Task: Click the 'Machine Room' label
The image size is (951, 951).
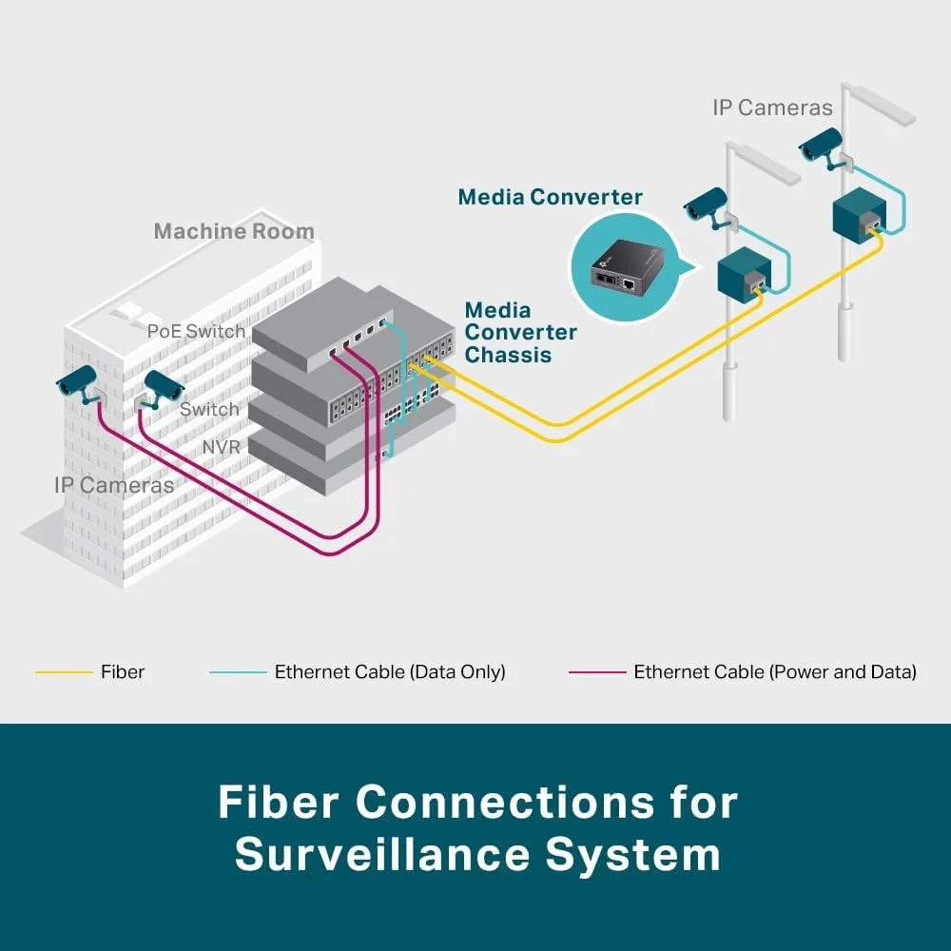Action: [x=234, y=231]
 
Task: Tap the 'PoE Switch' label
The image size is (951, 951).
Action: [x=196, y=331]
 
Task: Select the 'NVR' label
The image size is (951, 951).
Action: [x=221, y=447]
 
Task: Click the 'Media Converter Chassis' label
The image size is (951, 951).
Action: [x=520, y=333]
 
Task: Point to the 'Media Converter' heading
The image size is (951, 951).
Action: [x=550, y=197]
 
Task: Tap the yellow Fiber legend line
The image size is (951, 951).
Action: [x=64, y=672]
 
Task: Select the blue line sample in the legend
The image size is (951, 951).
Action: [x=238, y=672]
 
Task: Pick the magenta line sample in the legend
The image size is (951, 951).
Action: [x=597, y=672]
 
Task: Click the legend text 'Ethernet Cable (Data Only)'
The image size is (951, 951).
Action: [x=390, y=672]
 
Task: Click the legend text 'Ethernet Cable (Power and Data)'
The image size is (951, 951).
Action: [x=775, y=672]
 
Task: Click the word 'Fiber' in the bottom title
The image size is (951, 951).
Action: [x=277, y=803]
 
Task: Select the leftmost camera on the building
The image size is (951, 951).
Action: [x=78, y=382]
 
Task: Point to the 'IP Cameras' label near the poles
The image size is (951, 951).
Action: [x=772, y=107]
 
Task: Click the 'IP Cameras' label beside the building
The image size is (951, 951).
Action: [x=114, y=485]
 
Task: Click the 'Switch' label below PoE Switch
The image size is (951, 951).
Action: [x=209, y=409]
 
